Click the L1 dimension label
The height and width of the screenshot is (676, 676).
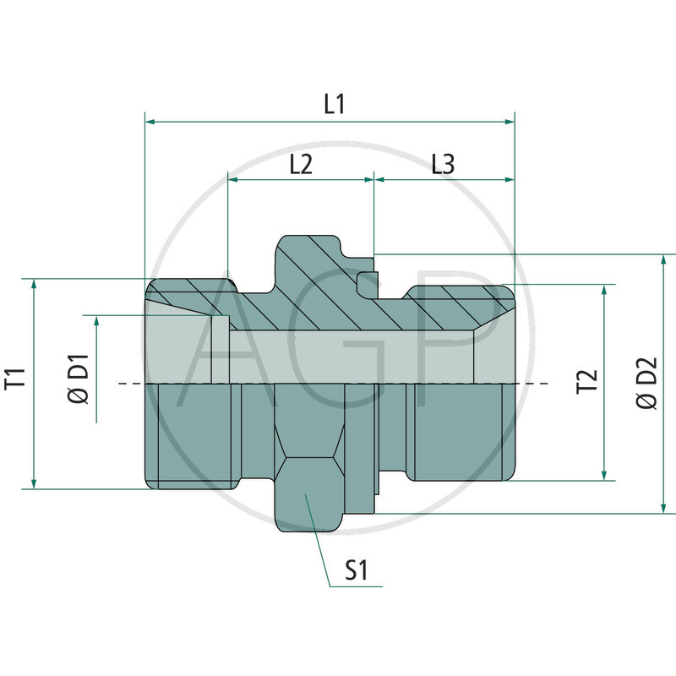(335, 104)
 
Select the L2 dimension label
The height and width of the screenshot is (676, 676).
(301, 164)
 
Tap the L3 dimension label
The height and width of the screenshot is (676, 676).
(443, 164)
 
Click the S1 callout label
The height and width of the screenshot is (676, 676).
(357, 572)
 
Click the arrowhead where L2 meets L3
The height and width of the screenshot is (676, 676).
(373, 179)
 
